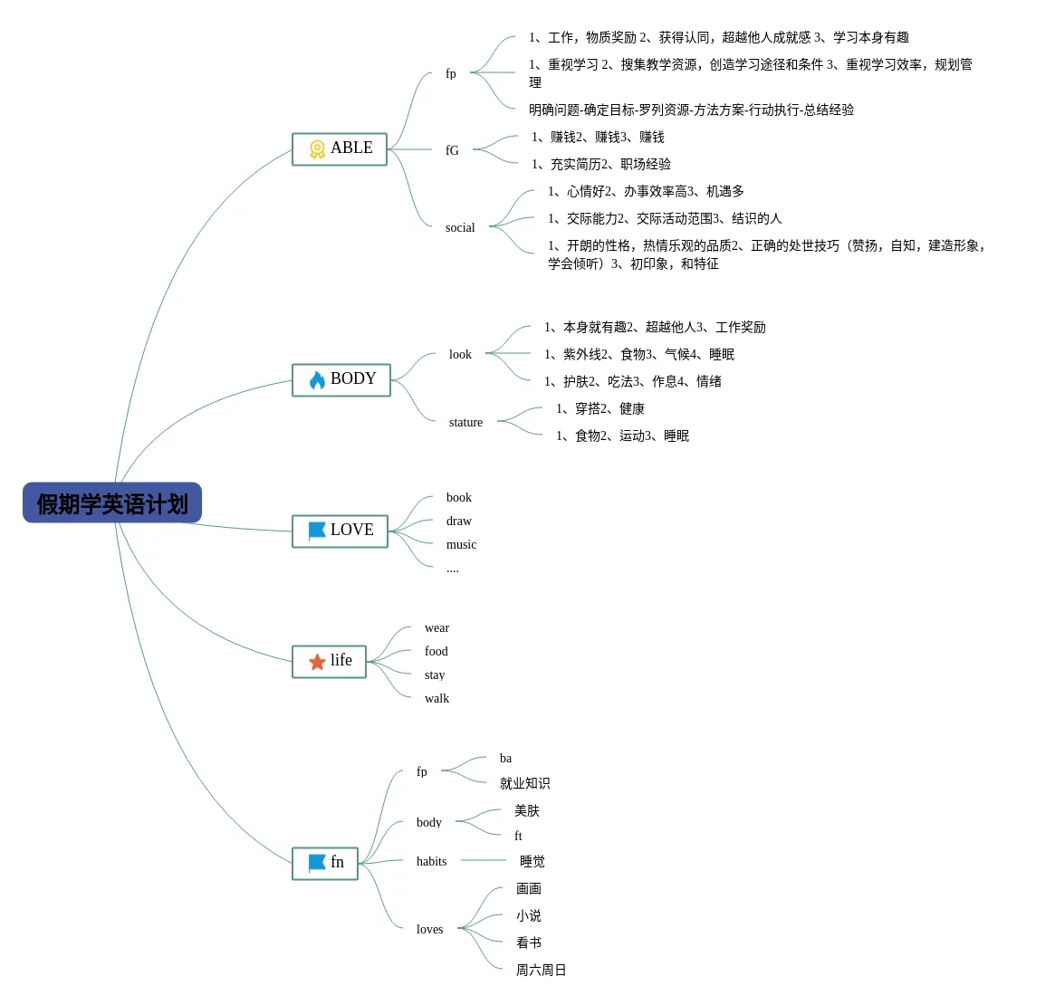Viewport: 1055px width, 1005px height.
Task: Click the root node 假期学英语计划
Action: tap(112, 503)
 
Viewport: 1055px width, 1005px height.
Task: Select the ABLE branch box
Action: tap(340, 149)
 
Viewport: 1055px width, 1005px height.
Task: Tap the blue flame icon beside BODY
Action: tap(317, 380)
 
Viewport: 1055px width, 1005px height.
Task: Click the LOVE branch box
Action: tap(340, 531)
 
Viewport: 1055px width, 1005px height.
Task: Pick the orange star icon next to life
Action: tap(317, 662)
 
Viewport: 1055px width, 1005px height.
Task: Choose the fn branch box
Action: tap(325, 863)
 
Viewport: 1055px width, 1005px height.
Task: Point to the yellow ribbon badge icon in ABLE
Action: tap(317, 149)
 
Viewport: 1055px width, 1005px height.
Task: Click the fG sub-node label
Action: tap(452, 150)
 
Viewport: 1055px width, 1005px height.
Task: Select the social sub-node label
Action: tap(460, 227)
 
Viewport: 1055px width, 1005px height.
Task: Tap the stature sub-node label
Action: tap(465, 422)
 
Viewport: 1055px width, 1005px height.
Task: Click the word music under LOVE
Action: tap(461, 544)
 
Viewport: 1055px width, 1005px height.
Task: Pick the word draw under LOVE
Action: tap(459, 521)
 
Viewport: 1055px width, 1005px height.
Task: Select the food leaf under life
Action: tap(436, 651)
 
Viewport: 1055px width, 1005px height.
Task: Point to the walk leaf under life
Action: tap(436, 698)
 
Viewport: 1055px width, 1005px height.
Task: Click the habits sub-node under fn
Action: tap(431, 861)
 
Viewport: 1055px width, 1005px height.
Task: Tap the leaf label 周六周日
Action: tap(541, 970)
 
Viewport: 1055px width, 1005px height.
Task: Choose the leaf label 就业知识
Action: tap(524, 783)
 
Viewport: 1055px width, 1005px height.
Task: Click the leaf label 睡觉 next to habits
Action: tap(532, 861)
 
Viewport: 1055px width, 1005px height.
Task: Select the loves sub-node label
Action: tap(429, 929)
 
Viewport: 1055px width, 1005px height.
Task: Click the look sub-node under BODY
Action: tap(460, 354)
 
